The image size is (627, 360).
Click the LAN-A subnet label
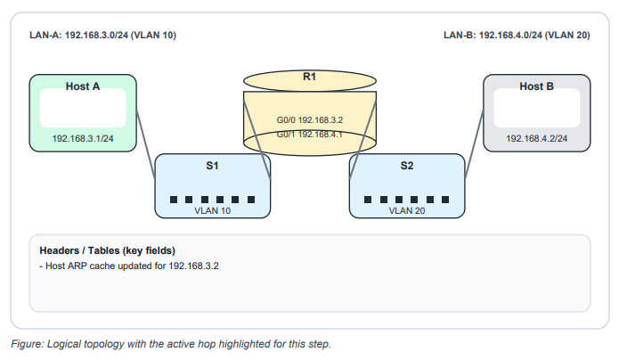pyautogui.click(x=102, y=36)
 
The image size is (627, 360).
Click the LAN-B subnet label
pyautogui.click(x=517, y=36)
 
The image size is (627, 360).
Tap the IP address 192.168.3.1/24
pyautogui.click(x=83, y=139)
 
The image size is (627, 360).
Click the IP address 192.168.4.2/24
pyautogui.click(x=536, y=139)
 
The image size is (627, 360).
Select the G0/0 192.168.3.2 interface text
pyautogui.click(x=310, y=119)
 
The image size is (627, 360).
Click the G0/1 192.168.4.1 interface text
pyautogui.click(x=310, y=135)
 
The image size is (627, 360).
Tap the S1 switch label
pyautogui.click(x=213, y=166)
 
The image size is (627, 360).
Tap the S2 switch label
pyautogui.click(x=406, y=166)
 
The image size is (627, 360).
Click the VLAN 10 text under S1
pyautogui.click(x=213, y=212)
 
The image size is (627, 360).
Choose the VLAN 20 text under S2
pyautogui.click(x=406, y=212)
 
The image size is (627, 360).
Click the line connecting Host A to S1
pyautogui.click(x=146, y=134)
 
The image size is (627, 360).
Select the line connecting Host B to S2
pyautogui.click(x=474, y=134)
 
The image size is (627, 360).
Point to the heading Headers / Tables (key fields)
pyautogui.click(x=106, y=250)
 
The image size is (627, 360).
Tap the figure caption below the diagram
pyautogui.click(x=171, y=344)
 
